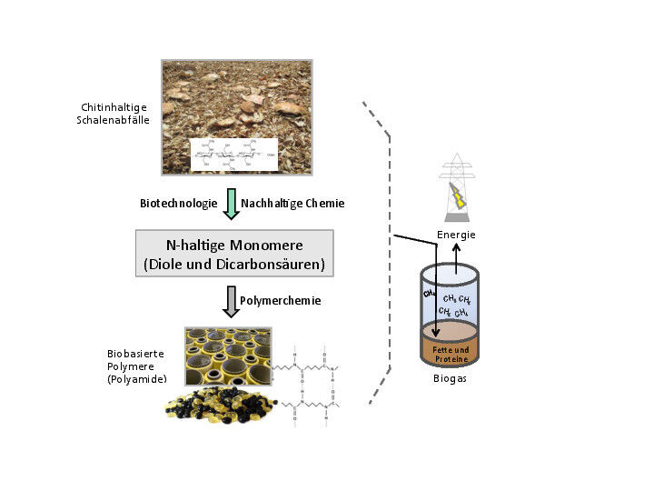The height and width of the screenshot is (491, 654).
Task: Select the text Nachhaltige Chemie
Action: pos(292,204)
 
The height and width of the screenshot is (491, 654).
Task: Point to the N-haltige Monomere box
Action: pos(234,254)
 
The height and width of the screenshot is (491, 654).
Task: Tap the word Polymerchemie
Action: pos(280,300)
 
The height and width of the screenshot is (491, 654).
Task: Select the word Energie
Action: pos(456,235)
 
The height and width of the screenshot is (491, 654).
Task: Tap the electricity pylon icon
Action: pos(458,186)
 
